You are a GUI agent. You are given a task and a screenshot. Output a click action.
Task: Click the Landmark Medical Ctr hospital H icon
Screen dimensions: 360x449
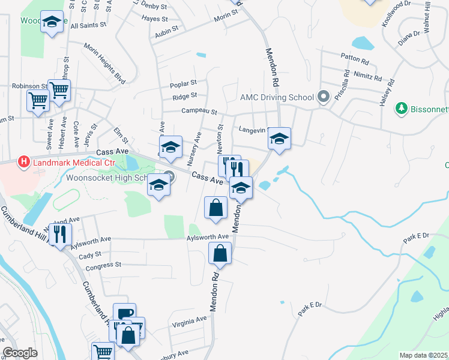tap(23, 161)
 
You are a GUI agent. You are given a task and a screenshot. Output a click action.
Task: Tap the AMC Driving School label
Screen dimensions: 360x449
tap(277, 97)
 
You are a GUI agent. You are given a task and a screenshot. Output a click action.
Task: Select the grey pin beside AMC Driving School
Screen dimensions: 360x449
tap(324, 97)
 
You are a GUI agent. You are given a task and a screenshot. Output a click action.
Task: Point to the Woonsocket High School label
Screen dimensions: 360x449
tap(113, 178)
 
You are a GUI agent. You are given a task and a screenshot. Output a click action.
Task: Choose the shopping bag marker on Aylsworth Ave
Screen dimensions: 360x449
tap(220, 253)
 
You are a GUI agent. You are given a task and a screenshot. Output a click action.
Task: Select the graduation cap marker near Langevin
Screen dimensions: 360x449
tap(279, 138)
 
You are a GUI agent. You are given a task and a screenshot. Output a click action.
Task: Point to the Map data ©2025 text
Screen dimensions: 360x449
tap(423, 355)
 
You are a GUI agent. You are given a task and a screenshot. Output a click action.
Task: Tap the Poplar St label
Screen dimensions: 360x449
tap(184, 83)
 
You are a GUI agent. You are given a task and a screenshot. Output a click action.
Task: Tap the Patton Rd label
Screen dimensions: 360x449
tap(354, 59)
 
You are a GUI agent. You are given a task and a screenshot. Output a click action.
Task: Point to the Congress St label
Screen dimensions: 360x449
tap(104, 265)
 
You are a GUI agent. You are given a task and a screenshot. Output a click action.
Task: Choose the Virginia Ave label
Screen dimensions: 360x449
tap(189, 320)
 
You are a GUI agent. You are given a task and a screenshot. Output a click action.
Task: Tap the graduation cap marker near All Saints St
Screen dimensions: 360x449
tap(52, 22)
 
